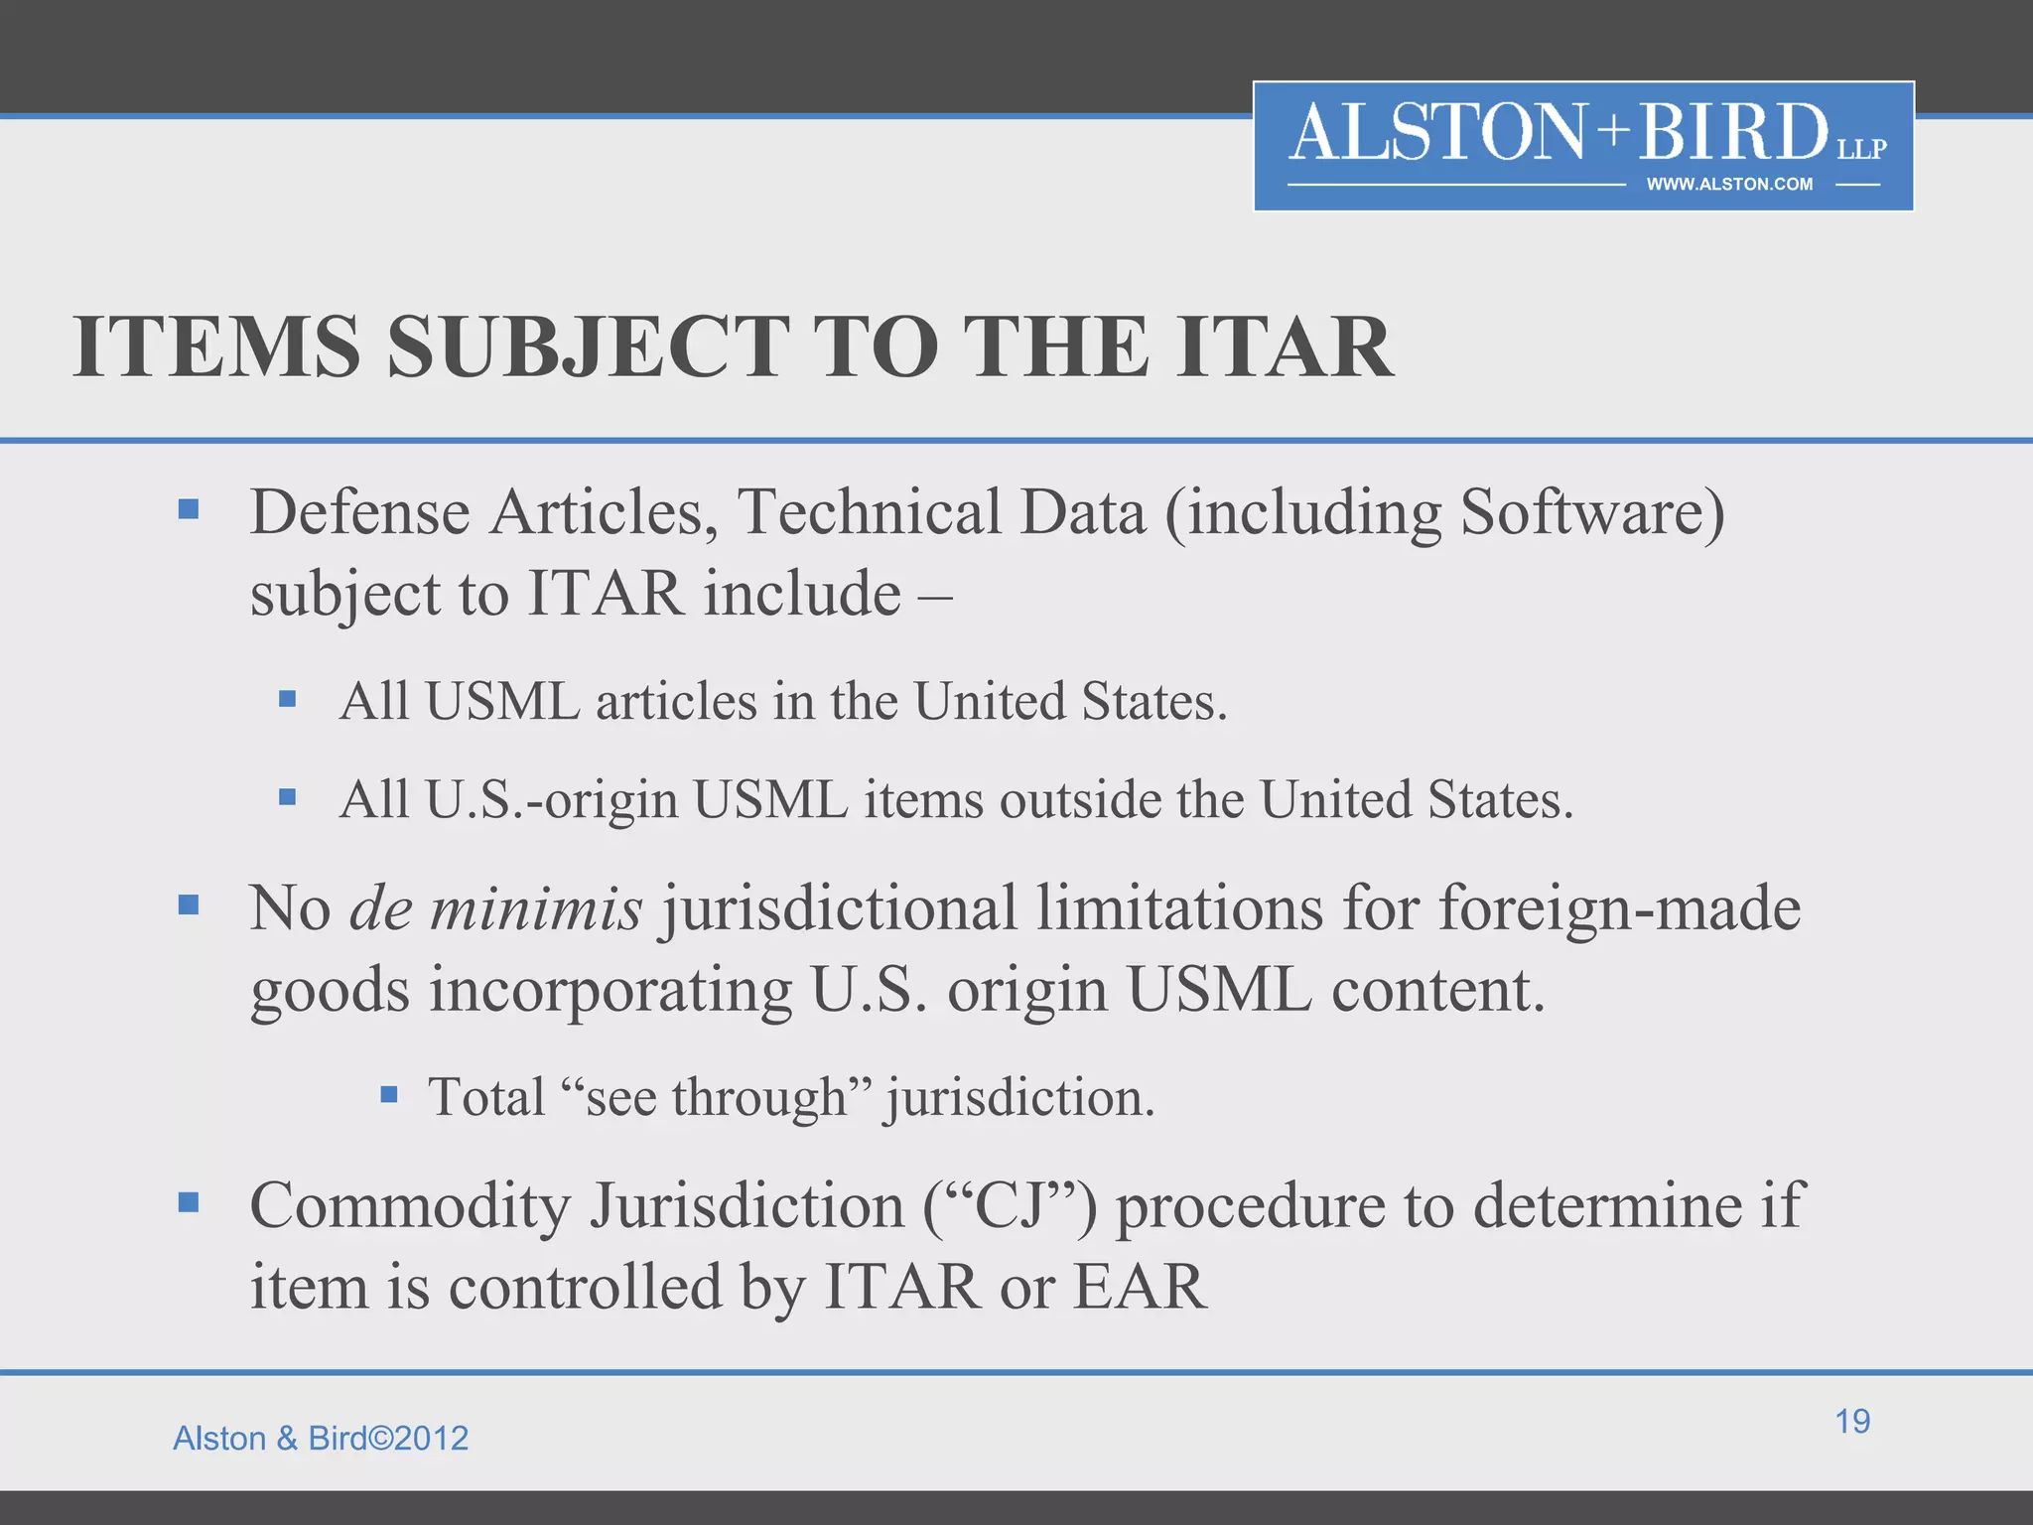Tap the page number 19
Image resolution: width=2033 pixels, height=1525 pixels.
click(1852, 1421)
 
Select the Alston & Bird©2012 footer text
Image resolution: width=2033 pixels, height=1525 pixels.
click(321, 1438)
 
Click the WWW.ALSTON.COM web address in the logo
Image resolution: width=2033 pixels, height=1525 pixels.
click(1729, 184)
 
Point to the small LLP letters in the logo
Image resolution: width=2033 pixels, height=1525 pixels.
click(1861, 149)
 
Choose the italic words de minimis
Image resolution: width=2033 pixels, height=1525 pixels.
click(495, 907)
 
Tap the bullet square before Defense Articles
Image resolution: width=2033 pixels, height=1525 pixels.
click(189, 510)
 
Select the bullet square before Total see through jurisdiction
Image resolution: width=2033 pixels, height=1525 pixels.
click(389, 1095)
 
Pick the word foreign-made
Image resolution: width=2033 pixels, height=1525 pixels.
click(1619, 907)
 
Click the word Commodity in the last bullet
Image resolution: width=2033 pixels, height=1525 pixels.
click(410, 1205)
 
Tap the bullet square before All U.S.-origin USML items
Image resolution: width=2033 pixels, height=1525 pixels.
click(288, 796)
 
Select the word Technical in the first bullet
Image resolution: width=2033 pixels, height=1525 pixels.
click(869, 512)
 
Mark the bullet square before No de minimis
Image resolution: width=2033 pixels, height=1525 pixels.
click(189, 904)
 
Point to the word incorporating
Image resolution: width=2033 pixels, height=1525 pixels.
click(610, 991)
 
